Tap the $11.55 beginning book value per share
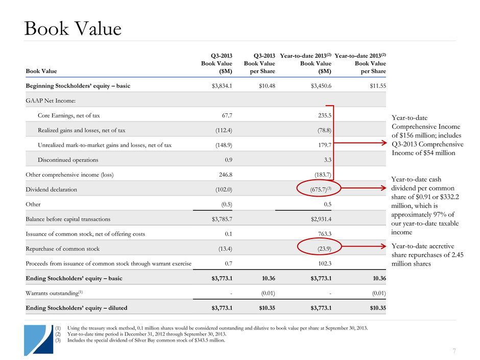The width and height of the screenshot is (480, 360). coord(376,86)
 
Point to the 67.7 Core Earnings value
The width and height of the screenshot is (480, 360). coord(225,115)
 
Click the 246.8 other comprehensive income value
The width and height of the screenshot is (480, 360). coord(223,175)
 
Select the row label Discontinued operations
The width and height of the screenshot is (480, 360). coord(67,160)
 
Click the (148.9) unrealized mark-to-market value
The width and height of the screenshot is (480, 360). coord(222,145)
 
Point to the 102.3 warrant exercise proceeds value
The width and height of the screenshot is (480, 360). coord(324,263)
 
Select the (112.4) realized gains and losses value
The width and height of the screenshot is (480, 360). coord(222,130)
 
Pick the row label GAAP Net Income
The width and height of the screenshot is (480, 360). coord(49,101)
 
